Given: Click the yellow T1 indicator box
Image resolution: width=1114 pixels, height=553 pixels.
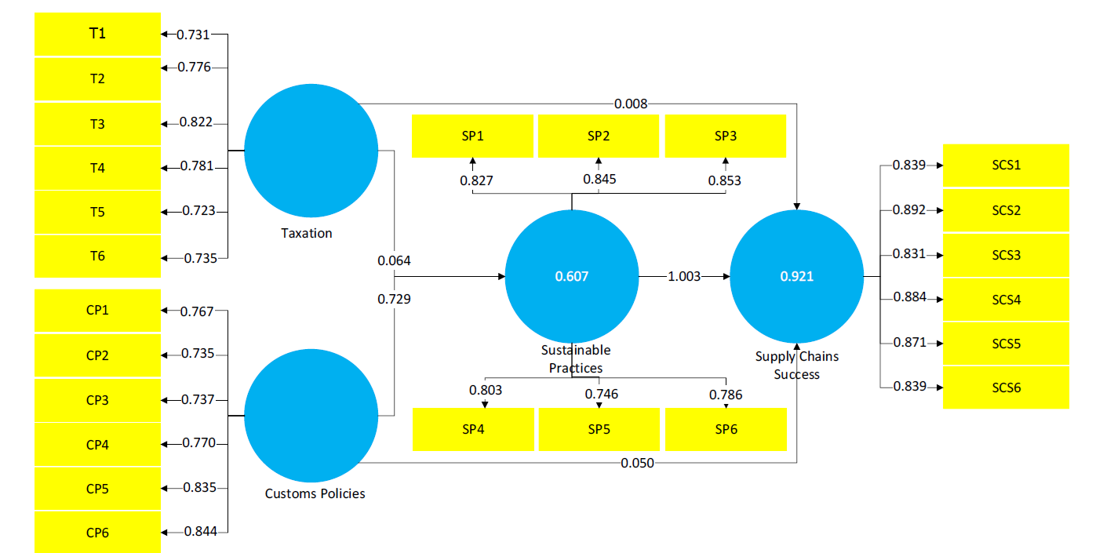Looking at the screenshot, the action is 97,34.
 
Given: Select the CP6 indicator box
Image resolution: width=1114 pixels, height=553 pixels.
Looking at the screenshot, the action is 97,532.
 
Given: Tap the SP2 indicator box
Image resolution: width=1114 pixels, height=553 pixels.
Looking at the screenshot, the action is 599,136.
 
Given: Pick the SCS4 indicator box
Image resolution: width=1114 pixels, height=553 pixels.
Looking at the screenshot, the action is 1006,300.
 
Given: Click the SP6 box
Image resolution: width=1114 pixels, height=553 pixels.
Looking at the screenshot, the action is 726,429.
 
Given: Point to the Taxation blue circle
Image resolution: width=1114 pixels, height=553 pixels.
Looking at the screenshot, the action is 311,151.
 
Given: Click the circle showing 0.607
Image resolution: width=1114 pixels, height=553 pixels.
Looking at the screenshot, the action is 572,276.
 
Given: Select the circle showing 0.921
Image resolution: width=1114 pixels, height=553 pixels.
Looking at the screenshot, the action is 797,276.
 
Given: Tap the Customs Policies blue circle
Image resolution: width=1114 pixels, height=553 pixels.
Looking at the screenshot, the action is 311,416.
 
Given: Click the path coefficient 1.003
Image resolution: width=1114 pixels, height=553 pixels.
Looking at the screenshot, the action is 684,276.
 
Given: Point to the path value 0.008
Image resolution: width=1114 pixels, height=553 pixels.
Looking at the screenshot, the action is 631,104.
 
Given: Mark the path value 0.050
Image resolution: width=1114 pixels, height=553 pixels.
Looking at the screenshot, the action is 637,463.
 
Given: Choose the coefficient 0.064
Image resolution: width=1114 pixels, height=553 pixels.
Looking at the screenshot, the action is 394,260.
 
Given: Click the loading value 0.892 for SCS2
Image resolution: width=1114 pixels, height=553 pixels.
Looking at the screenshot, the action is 909,210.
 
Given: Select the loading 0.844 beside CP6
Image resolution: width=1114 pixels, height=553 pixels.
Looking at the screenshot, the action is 200,532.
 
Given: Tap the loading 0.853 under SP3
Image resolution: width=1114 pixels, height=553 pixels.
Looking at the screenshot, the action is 725,180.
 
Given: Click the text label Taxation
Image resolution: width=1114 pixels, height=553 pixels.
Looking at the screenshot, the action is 306,233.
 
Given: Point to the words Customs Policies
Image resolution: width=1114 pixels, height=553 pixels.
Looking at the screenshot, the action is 315,493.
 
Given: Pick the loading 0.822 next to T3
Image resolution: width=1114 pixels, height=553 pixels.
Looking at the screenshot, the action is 196,122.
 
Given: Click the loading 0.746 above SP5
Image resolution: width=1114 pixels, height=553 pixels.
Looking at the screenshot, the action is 601,394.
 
